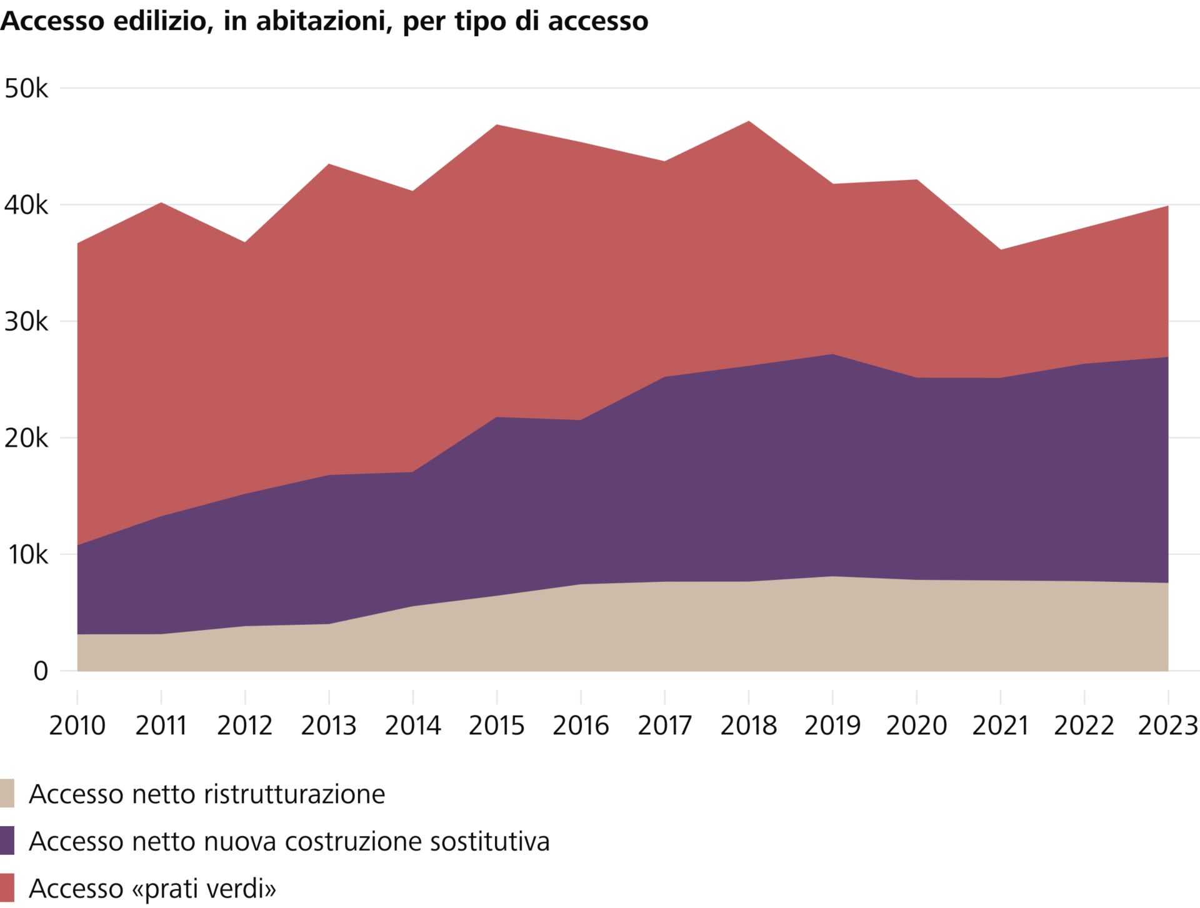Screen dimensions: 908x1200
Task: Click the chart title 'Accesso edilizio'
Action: pos(324,21)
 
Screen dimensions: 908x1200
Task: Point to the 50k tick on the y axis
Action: pos(26,89)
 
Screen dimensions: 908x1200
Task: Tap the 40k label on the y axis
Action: pos(26,205)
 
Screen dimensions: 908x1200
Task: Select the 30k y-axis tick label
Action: pos(26,322)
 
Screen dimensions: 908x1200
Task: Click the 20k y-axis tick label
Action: pos(26,438)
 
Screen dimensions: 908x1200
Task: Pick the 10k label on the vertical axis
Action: pos(26,554)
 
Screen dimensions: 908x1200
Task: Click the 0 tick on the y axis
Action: pos(41,671)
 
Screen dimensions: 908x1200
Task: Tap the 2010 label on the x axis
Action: pos(77,726)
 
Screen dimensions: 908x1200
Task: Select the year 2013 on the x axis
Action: pos(329,726)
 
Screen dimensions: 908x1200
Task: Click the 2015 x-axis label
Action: pos(497,726)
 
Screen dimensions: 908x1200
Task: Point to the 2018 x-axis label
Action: pos(749,726)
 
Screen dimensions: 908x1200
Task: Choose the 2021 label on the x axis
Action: pos(1001,726)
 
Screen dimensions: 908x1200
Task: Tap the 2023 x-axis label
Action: pos(1167,726)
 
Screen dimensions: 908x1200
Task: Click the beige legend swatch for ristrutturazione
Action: pos(7,794)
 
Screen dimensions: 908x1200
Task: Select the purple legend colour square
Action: pos(7,841)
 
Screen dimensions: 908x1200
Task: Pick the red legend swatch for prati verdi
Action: pos(7,887)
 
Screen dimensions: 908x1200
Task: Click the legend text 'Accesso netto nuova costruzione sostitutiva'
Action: pos(289,841)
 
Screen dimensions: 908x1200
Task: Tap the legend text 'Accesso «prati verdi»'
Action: pos(152,888)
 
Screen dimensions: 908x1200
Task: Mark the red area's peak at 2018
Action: pos(749,122)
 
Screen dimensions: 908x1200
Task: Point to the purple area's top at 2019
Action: pos(832,355)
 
